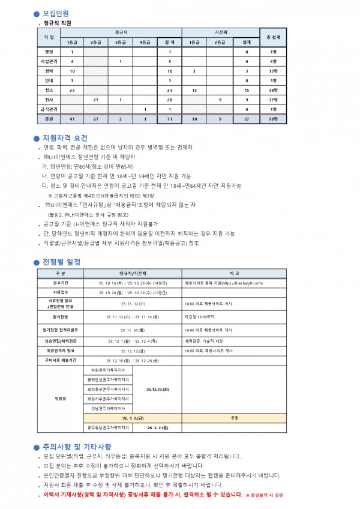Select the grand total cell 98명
click(x=273, y=119)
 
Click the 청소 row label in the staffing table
click(x=49, y=89)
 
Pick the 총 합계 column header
click(x=273, y=37)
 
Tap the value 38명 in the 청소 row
click(x=273, y=89)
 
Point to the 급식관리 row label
click(x=49, y=109)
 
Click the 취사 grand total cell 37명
click(x=273, y=100)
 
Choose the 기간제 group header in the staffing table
click(x=221, y=31)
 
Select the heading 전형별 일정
click(x=61, y=262)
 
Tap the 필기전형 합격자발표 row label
click(x=60, y=330)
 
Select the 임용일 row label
click(x=60, y=397)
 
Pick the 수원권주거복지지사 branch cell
click(x=108, y=370)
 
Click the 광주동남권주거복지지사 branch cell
click(x=108, y=445)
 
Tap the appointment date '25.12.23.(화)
click(x=157, y=389)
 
